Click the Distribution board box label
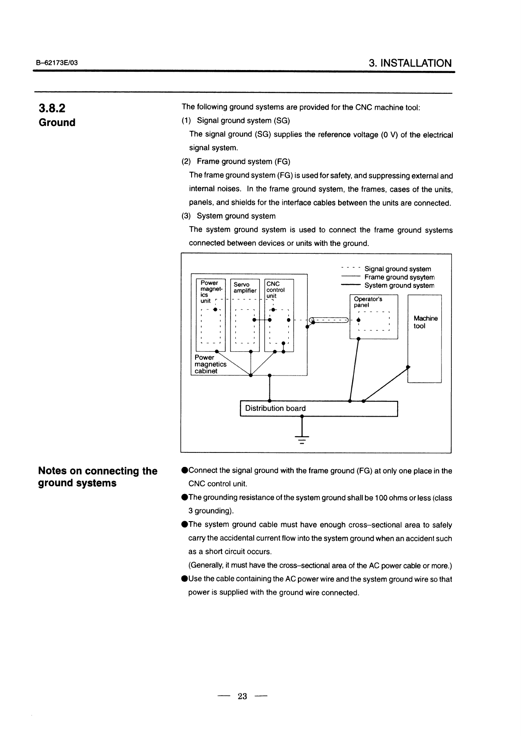[x=275, y=408]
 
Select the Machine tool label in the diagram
[x=425, y=322]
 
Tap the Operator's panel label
[x=368, y=302]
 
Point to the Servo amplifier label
[x=245, y=287]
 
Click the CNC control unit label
[x=275, y=290]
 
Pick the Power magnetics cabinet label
[x=210, y=364]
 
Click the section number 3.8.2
[x=52, y=108]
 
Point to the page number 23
[x=242, y=696]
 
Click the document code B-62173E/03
[x=57, y=63]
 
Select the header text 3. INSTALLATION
[x=410, y=63]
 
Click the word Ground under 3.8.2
[x=57, y=123]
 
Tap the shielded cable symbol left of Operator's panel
[x=329, y=320]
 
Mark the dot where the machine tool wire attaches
[x=408, y=367]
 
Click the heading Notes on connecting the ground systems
[x=98, y=477]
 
